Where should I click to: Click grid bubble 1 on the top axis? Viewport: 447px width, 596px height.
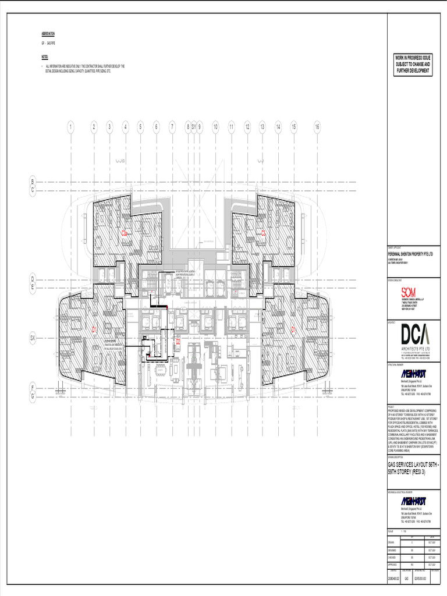[70, 126]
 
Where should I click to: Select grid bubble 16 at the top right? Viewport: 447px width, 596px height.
[317, 126]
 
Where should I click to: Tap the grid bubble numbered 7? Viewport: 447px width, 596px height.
[172, 126]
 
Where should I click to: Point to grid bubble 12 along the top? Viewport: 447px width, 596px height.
[247, 126]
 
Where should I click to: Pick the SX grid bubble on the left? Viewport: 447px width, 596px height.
[33, 338]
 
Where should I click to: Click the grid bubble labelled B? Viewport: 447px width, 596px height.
[33, 182]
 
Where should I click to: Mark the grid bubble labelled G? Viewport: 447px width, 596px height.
[33, 396]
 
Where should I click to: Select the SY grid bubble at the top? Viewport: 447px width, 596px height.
[194, 126]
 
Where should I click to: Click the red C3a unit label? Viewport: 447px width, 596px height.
[124, 233]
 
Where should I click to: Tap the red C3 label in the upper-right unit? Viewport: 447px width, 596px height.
[263, 233]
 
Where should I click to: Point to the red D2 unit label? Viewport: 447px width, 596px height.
[178, 342]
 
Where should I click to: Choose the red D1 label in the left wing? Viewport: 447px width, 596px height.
[94, 329]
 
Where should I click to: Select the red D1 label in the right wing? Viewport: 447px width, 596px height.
[294, 329]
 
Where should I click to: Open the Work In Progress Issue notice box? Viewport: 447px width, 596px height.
[413, 64]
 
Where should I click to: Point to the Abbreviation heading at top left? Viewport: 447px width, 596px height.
[48, 34]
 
